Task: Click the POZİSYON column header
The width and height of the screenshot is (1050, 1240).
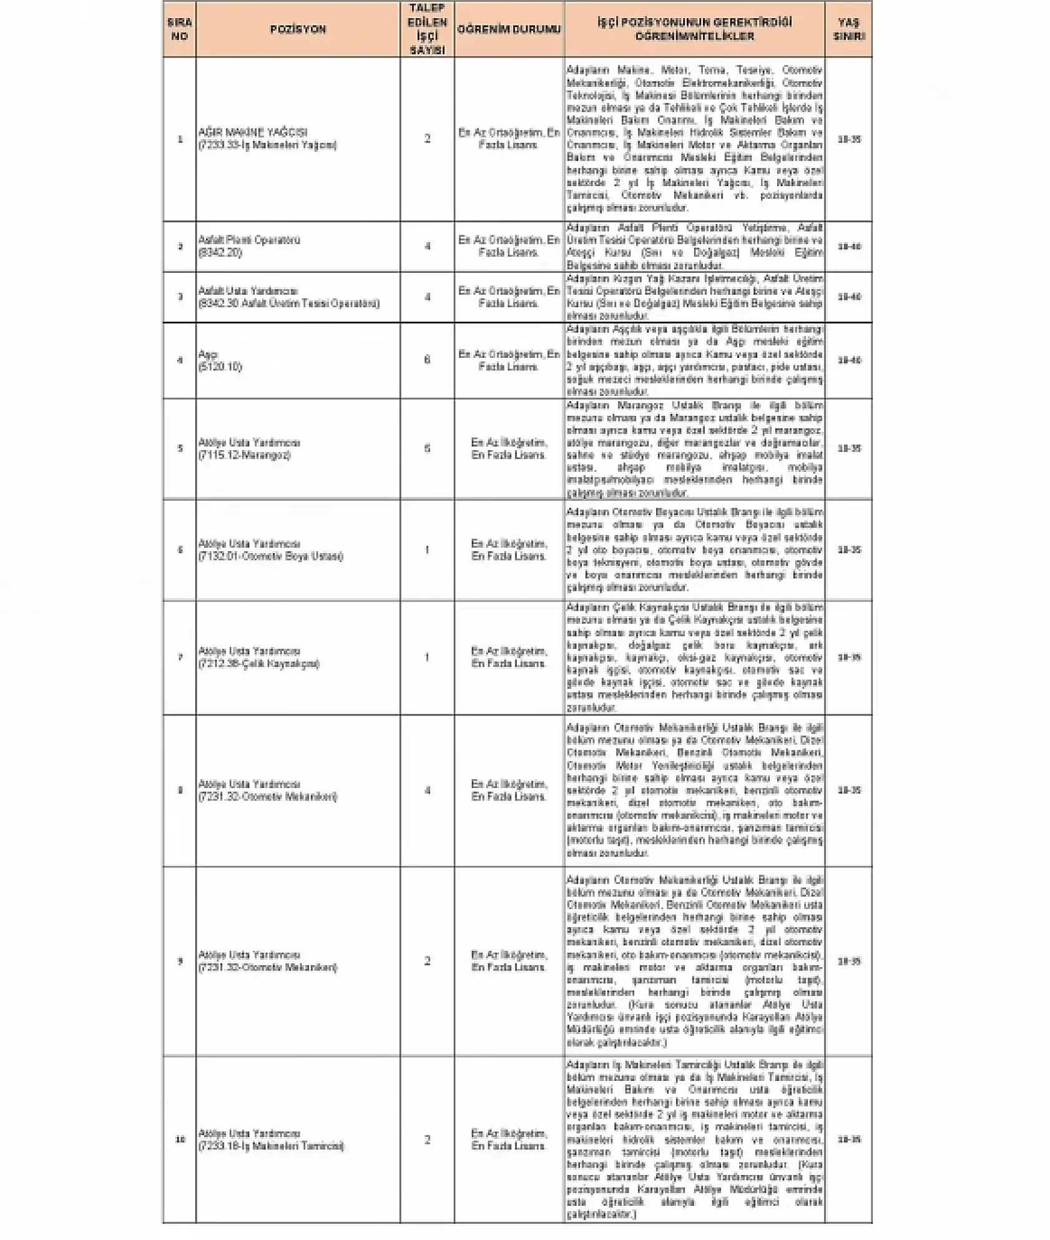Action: click(x=298, y=29)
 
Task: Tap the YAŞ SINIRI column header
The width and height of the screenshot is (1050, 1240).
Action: click(x=848, y=29)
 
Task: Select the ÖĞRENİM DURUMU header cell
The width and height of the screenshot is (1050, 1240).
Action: click(x=509, y=29)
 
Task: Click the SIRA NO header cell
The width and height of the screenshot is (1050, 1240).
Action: click(x=179, y=29)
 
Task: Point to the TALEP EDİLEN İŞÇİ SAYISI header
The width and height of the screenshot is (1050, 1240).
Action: click(x=427, y=29)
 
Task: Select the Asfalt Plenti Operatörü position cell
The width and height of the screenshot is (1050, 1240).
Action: click(x=250, y=246)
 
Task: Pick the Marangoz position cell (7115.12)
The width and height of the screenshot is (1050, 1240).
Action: click(x=250, y=448)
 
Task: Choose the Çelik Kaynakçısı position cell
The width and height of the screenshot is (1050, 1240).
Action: click(x=258, y=657)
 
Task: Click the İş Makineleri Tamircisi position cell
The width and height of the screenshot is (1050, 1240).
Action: click(x=271, y=1139)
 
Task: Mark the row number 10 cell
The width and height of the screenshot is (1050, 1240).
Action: click(x=180, y=1139)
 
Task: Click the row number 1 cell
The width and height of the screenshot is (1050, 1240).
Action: click(x=180, y=139)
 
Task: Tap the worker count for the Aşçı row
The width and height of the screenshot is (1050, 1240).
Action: click(x=427, y=360)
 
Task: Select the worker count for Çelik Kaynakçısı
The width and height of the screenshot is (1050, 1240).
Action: click(x=427, y=657)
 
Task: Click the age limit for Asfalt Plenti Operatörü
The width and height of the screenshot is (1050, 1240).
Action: click(x=849, y=247)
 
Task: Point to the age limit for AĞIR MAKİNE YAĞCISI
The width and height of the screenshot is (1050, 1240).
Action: click(x=849, y=139)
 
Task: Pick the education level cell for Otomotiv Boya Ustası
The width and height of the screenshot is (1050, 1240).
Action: click(x=509, y=550)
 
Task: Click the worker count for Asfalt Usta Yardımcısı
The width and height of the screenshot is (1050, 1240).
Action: click(x=427, y=297)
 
